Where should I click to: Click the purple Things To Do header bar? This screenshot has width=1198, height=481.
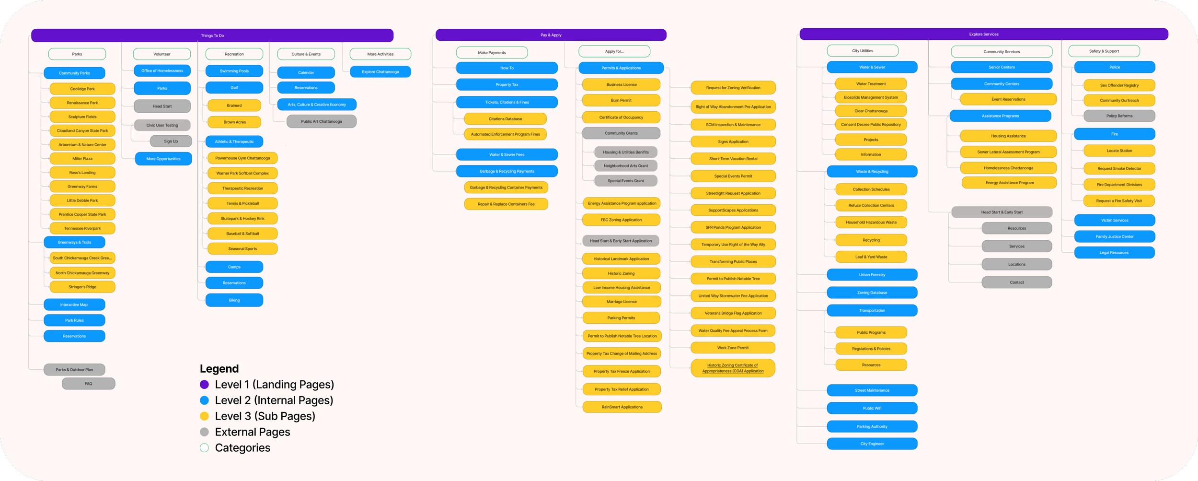(x=212, y=35)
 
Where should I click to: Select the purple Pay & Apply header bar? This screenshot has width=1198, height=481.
(x=551, y=35)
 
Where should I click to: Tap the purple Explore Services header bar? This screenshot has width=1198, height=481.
(x=983, y=34)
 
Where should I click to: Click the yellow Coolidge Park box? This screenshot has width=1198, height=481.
(x=82, y=89)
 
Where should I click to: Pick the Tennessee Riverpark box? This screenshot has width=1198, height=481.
(x=82, y=228)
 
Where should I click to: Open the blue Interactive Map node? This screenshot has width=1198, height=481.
(x=74, y=305)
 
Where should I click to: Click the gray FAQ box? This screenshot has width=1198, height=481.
(x=89, y=384)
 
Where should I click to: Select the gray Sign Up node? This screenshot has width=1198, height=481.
(x=171, y=141)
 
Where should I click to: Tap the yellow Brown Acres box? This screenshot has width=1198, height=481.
(x=234, y=122)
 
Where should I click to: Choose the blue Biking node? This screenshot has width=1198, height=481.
(x=234, y=300)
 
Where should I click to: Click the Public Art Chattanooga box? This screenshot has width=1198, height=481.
(x=321, y=121)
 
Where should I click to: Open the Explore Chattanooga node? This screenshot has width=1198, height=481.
(x=380, y=72)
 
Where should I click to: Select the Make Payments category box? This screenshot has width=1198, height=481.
(x=492, y=53)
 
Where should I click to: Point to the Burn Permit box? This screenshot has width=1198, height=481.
(x=621, y=100)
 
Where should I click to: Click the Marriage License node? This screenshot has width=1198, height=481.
(x=622, y=302)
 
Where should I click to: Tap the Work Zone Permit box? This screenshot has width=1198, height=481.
(x=733, y=348)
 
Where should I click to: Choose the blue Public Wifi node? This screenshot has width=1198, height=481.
(x=872, y=408)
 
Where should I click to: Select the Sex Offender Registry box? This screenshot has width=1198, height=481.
(x=1119, y=85)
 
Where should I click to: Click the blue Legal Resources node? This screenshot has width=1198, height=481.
(x=1114, y=253)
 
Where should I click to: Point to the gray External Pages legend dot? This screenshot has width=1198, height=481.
(x=204, y=432)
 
